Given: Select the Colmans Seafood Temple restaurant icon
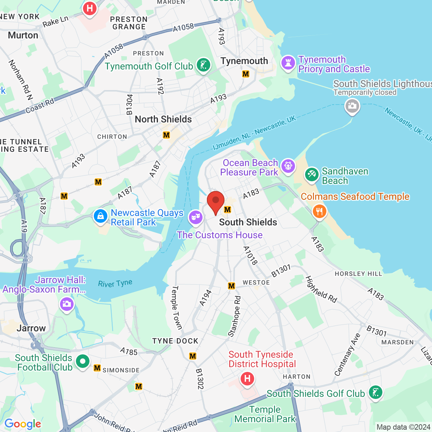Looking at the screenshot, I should pyautogui.click(x=319, y=212).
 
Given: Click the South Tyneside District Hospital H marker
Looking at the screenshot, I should pyautogui.click(x=247, y=379).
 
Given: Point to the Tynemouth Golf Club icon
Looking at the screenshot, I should pyautogui.click(x=204, y=65).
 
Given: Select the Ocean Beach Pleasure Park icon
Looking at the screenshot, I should pyautogui.click(x=288, y=166).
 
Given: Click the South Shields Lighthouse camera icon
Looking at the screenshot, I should pyautogui.click(x=352, y=106).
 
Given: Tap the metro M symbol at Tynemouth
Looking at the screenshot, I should pyautogui.click(x=246, y=74).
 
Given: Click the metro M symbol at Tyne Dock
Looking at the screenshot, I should pyautogui.click(x=193, y=356).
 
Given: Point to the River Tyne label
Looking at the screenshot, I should pyautogui.click(x=115, y=283).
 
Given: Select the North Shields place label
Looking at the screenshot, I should pyautogui.click(x=163, y=119).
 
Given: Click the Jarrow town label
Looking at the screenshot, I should pyautogui.click(x=31, y=328).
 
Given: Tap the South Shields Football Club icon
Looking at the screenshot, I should pyautogui.click(x=83, y=362).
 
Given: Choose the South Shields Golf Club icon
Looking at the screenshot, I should pyautogui.click(x=376, y=393).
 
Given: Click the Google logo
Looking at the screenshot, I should pyautogui.click(x=23, y=424).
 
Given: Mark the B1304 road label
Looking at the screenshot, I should pyautogui.click(x=130, y=105).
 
